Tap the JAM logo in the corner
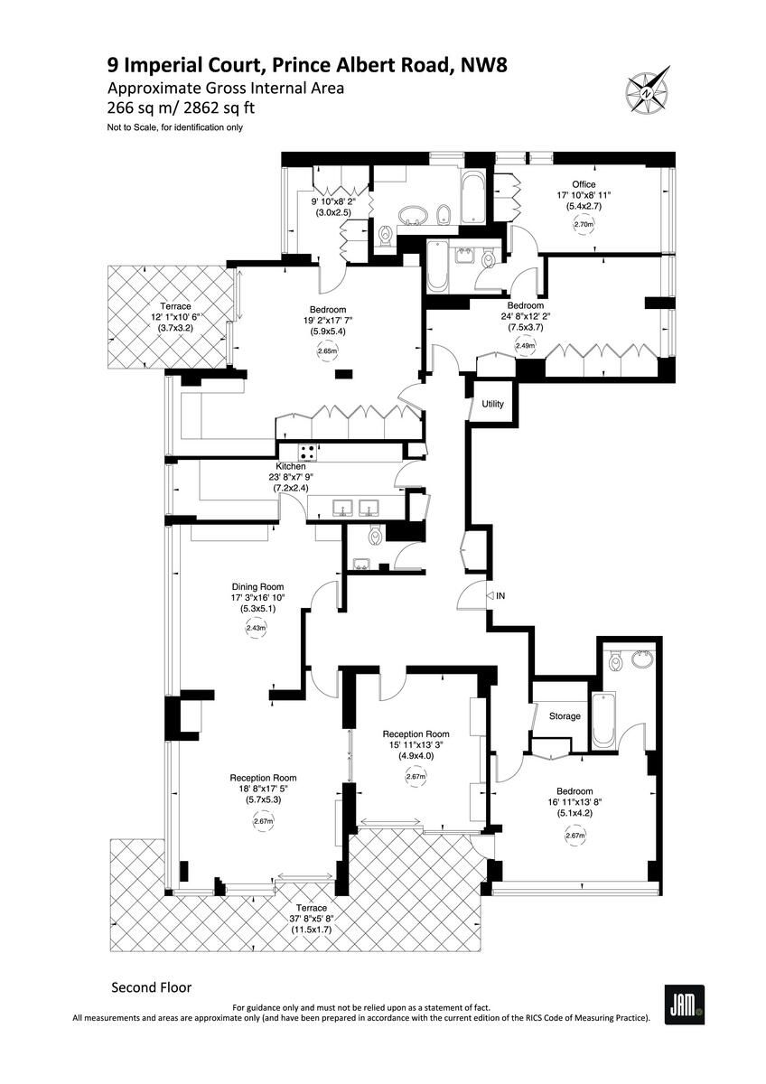click(x=684, y=1005)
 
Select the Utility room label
click(x=492, y=404)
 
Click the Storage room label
click(x=565, y=716)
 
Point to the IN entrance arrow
click(x=500, y=596)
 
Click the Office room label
click(x=583, y=185)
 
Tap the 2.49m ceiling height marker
click(x=525, y=345)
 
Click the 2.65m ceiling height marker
click(x=327, y=351)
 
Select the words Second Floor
click(x=151, y=987)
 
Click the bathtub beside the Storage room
click(x=603, y=721)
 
